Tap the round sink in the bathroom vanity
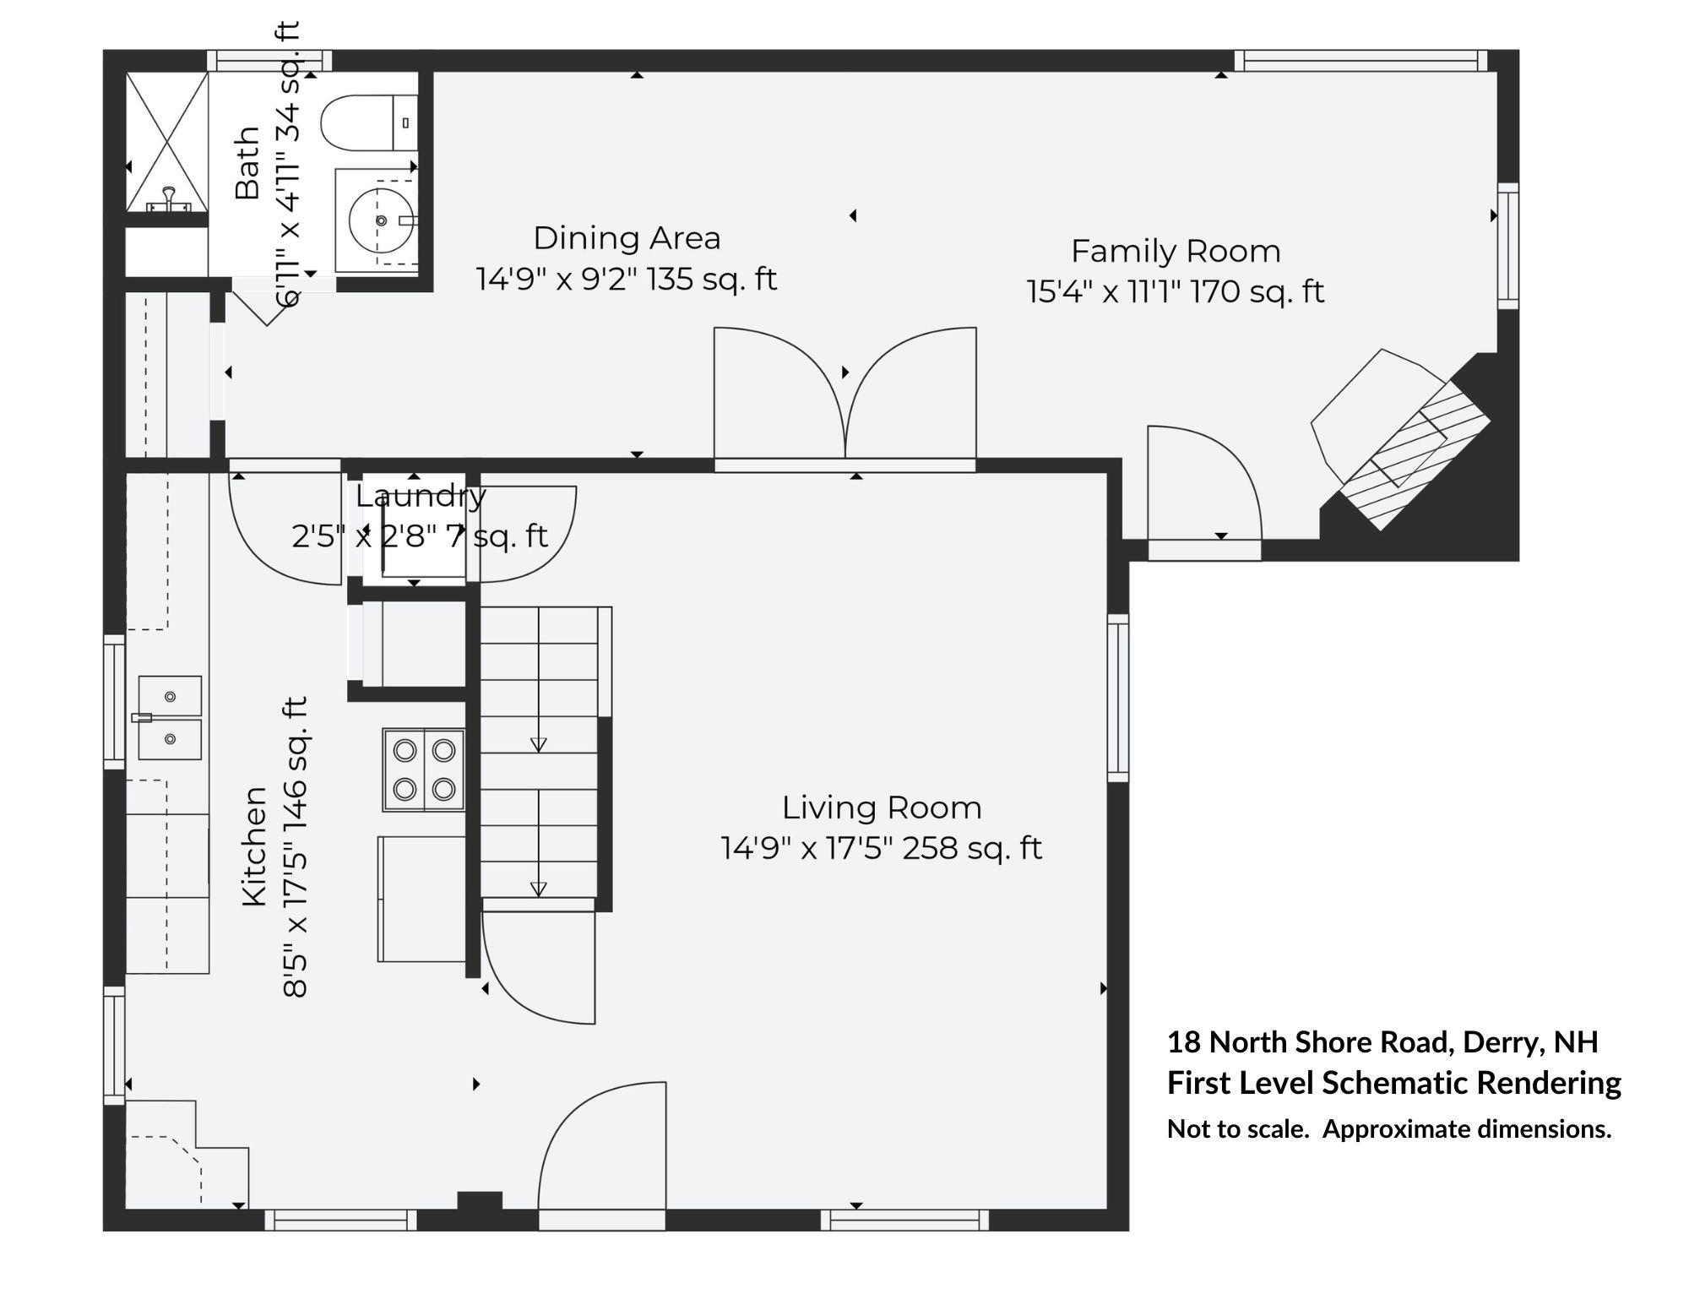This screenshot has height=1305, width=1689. click(381, 220)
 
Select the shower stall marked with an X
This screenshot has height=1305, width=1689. click(166, 141)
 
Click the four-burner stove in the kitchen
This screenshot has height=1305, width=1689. click(424, 769)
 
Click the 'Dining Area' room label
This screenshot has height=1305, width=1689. click(627, 238)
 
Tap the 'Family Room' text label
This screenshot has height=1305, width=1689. click(1176, 252)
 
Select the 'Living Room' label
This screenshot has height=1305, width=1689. click(882, 808)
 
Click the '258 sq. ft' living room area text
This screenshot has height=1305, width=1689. click(972, 848)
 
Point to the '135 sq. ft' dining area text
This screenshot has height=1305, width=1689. click(712, 279)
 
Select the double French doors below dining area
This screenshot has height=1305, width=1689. click(845, 397)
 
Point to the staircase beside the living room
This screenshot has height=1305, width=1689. click(539, 752)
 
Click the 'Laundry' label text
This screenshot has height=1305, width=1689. click(421, 497)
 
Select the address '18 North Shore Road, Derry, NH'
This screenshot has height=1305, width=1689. click(1382, 1042)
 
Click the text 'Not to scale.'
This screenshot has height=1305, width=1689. click(1237, 1129)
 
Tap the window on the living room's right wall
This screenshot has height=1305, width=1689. click(1117, 698)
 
